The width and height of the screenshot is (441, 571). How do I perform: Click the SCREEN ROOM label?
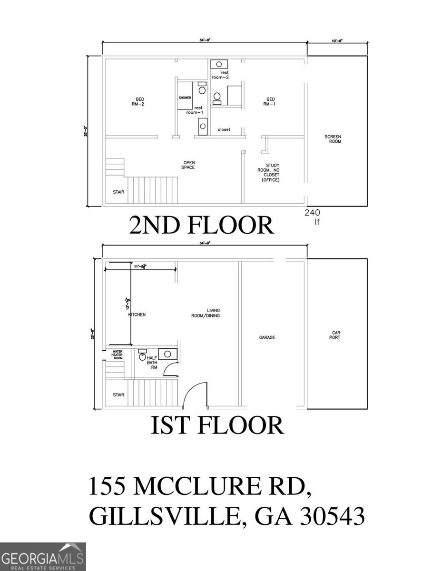pos(333,139)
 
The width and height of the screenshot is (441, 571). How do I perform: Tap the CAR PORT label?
pos(336,335)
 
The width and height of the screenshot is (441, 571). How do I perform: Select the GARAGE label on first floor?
pos(267,337)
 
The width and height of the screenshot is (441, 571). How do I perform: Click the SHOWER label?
pos(185,98)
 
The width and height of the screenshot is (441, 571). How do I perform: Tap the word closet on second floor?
pos(224,129)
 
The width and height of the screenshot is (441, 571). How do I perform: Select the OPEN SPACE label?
pos(188,165)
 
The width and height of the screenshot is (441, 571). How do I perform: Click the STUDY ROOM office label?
pos(270,173)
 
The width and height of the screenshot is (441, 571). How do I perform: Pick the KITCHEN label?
pos(137,315)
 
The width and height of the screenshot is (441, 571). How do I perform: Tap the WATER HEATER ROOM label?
pos(118,354)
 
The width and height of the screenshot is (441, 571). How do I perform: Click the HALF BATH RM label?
pos(152,363)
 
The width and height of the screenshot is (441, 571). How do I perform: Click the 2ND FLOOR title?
pos(201,225)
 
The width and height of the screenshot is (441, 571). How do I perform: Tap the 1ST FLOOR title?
pos(217,425)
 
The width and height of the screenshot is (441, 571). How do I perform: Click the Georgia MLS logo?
pos(43,557)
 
